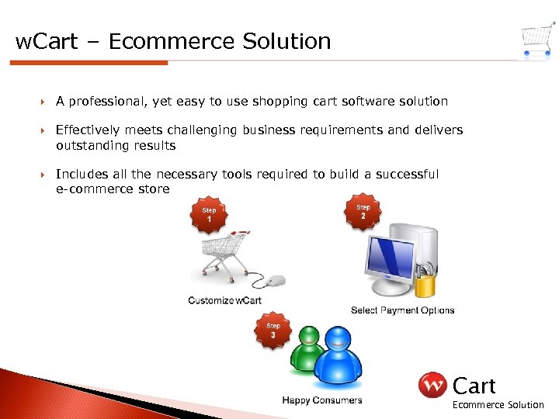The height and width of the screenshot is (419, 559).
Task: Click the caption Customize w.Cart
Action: tap(224, 300)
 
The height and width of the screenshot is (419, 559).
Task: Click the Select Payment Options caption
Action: tap(402, 310)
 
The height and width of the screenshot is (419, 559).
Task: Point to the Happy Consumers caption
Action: tap(321, 400)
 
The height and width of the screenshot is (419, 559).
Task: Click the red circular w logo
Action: tap(432, 385)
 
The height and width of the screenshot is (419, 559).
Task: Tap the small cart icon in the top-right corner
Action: tap(537, 39)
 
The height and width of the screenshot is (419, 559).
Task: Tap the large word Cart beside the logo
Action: tap(474, 385)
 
